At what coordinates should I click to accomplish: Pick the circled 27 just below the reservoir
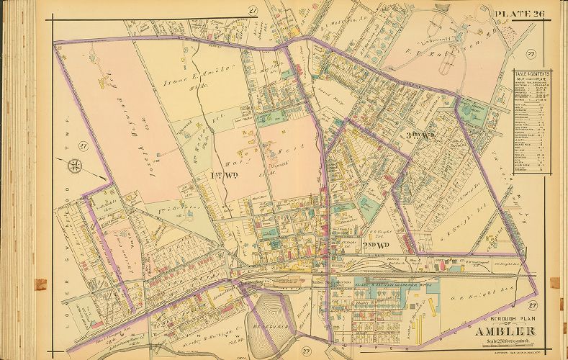coord(306,351)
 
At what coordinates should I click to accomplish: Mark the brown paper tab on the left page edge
coord(41,284)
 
